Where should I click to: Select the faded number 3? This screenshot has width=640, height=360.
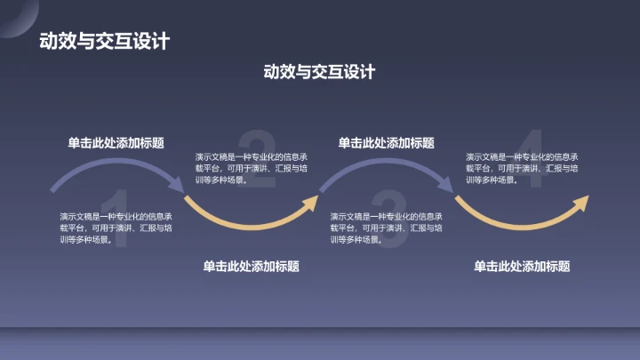[x=388, y=214]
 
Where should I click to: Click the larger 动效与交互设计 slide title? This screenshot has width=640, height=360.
[x=105, y=42]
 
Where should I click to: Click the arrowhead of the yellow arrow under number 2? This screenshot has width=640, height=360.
[x=310, y=203]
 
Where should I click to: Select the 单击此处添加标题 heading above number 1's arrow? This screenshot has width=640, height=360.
[x=116, y=143]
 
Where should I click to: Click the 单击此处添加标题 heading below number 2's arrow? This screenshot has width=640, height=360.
[x=251, y=266]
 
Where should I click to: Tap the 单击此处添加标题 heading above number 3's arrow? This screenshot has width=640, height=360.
[x=387, y=143]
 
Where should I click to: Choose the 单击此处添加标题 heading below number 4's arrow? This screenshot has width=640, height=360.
[x=522, y=266]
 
